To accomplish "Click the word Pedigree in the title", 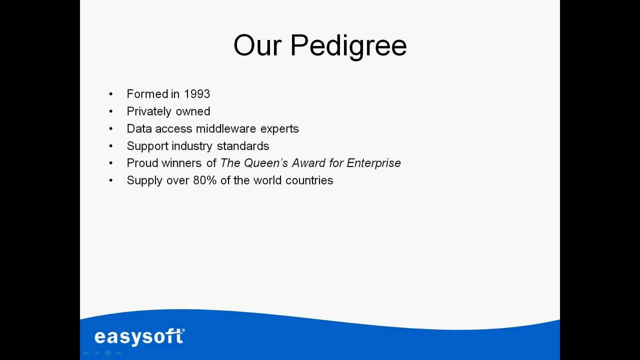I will click(x=348, y=46).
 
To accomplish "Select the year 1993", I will click(x=197, y=94).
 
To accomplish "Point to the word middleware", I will click(x=226, y=128).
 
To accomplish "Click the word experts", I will click(x=279, y=129).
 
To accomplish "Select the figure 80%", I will click(x=205, y=180).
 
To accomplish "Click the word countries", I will click(x=309, y=180).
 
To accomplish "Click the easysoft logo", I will click(x=139, y=336).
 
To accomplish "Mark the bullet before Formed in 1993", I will click(x=111, y=94).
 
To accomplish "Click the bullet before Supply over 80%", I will click(x=111, y=180).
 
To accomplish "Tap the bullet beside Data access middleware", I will click(x=111, y=129).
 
